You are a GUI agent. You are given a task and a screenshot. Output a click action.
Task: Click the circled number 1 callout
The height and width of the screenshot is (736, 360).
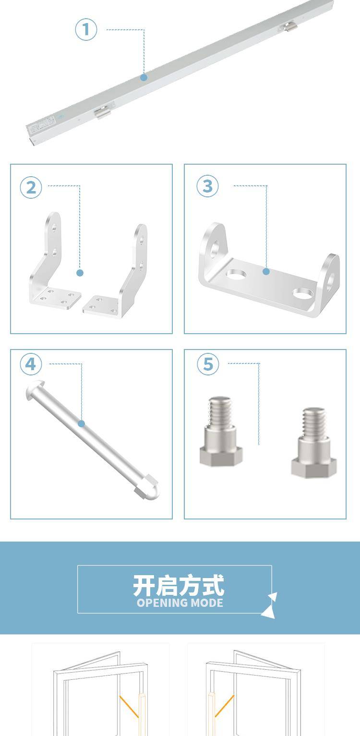pyautogui.click(x=86, y=30)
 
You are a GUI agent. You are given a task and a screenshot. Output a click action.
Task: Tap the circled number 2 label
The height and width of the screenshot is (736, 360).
pyautogui.click(x=31, y=188)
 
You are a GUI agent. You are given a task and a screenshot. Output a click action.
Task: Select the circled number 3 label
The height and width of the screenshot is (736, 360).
pyautogui.click(x=207, y=186)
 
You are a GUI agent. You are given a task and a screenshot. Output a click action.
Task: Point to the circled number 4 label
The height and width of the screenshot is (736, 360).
pyautogui.click(x=31, y=364)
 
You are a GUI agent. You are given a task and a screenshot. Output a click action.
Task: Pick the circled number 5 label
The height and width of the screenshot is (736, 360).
pyautogui.click(x=208, y=364)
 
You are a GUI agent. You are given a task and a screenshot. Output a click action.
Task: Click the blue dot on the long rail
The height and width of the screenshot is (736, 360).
pyautogui.click(x=144, y=78)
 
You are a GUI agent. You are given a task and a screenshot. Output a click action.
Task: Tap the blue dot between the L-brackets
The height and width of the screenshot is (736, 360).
pyautogui.click(x=80, y=273)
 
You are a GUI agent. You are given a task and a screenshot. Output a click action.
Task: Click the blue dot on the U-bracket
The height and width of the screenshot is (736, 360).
pyautogui.click(x=266, y=271)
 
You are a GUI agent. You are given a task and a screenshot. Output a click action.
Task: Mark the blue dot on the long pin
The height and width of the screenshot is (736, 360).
pyautogui.click(x=82, y=423)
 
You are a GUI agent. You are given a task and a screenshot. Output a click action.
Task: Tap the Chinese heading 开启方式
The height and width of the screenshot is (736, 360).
pyautogui.click(x=179, y=586)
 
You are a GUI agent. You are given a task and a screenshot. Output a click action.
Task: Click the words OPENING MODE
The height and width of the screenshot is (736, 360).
pyautogui.click(x=180, y=603)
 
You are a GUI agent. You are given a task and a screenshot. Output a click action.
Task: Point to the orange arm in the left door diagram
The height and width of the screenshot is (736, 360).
pyautogui.click(x=129, y=706)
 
